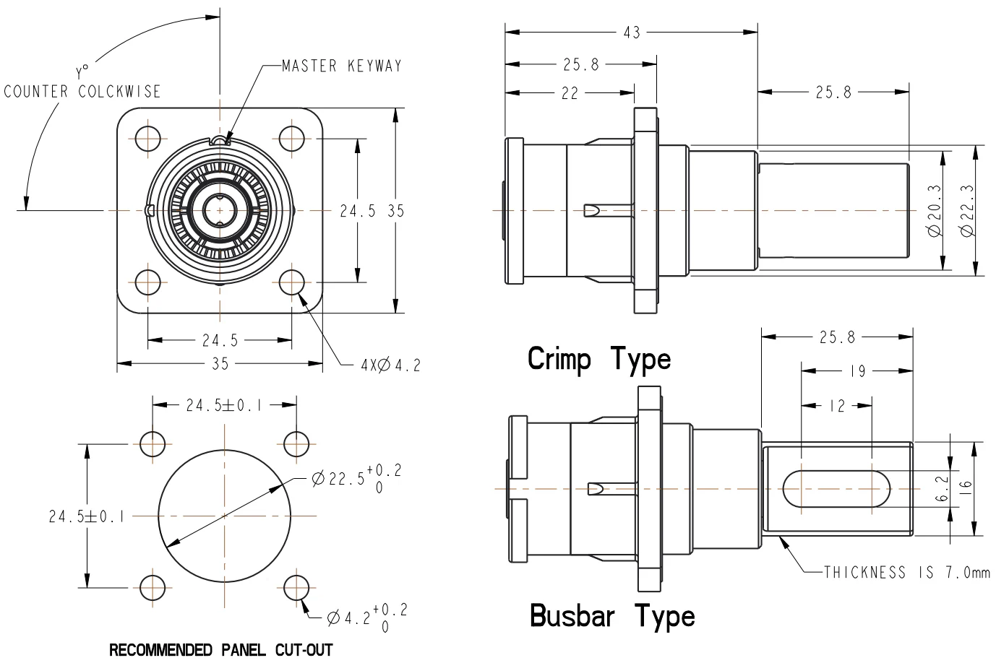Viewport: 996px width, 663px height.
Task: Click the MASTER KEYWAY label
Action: tap(341, 66)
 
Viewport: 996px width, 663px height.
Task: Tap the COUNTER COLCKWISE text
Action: tap(82, 92)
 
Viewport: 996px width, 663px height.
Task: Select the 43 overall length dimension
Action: tap(631, 32)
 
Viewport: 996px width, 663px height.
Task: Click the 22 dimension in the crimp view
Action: tap(570, 92)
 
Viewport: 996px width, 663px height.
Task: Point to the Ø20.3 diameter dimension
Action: tap(935, 212)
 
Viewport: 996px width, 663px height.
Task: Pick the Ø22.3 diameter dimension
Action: tap(968, 212)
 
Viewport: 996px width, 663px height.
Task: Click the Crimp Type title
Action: tap(599, 358)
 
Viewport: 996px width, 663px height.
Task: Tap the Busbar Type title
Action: tap(612, 615)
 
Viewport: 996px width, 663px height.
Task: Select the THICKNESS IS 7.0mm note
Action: tap(907, 573)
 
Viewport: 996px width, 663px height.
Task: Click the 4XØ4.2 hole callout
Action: tap(390, 365)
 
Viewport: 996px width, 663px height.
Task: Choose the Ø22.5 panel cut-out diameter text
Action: tap(356, 479)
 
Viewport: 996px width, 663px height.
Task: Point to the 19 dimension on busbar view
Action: tap(857, 371)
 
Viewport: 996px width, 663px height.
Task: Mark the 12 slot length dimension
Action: tap(836, 407)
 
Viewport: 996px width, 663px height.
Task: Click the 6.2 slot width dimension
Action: tap(939, 488)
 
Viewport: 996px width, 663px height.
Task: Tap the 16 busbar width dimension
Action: tap(968, 488)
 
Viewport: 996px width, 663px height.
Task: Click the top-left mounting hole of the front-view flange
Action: tap(148, 138)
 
